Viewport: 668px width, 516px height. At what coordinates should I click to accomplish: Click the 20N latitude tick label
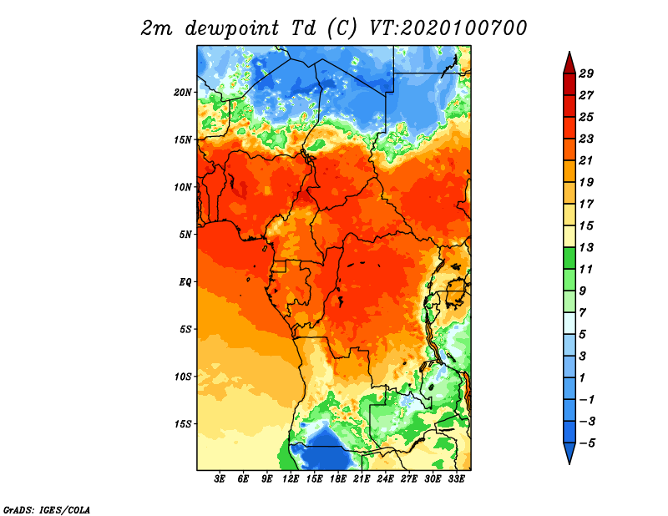coord(183,93)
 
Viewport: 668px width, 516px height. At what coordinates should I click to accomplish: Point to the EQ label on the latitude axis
coord(185,282)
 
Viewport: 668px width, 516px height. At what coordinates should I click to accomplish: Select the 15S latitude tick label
coord(183,424)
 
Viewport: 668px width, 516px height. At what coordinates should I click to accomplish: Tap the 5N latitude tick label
coord(185,235)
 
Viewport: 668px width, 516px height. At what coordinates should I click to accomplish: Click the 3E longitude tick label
coord(220,479)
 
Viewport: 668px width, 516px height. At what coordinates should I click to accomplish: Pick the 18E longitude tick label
coord(338,479)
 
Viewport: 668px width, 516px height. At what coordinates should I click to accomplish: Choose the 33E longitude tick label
coord(456,479)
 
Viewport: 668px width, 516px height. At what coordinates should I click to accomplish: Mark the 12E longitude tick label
coord(291,479)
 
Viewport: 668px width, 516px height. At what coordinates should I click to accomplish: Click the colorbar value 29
coord(586,73)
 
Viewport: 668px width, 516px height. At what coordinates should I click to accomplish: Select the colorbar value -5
coord(587,443)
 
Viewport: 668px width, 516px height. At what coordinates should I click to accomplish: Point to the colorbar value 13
coord(586,247)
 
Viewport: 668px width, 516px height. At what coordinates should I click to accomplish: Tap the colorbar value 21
coord(586,160)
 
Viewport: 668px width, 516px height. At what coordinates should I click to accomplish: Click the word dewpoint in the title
coord(232,28)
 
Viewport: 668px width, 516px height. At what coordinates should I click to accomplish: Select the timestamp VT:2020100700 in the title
coord(448,28)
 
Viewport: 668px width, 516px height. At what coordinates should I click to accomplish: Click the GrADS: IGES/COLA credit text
coord(47,510)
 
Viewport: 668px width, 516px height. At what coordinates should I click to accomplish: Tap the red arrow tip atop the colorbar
coord(569,52)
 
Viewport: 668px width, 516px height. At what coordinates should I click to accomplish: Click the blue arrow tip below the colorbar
coord(569,463)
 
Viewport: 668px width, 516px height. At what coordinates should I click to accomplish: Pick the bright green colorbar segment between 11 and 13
coord(569,259)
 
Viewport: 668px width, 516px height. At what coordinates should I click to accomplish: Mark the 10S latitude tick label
coord(183,377)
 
